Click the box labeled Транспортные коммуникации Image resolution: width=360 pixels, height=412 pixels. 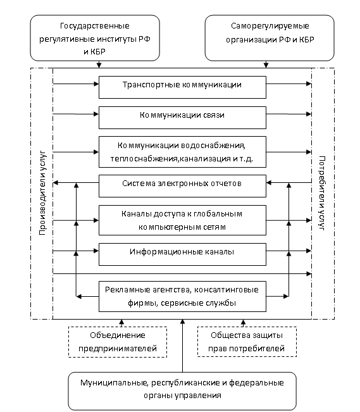pos(182,87)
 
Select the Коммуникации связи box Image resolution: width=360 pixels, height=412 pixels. pos(182,118)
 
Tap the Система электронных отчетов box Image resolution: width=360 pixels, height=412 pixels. pos(182,186)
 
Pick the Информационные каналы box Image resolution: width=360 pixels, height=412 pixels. pos(182,254)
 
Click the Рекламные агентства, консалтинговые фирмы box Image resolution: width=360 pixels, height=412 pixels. pos(182,296)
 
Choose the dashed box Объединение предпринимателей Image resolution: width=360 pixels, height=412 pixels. pos(118,342)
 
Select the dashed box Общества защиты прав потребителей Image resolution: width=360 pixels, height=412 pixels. pos(247,342)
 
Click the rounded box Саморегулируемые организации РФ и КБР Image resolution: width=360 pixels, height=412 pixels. pos(270,38)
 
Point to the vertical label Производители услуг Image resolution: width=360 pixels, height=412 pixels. pos(42,193)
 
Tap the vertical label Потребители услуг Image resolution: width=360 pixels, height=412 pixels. pos(322,193)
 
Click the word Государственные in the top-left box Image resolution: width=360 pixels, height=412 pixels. pos(95,26)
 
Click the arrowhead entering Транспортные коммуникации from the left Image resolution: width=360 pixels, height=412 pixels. pos(96,84)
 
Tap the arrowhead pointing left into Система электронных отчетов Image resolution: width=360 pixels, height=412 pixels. pos(269,183)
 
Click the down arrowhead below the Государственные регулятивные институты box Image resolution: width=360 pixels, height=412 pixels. pos(99,65)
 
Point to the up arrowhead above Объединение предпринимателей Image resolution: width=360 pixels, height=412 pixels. pos(121,322)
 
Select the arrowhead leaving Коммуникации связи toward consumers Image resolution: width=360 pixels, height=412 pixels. pos(309,114)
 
